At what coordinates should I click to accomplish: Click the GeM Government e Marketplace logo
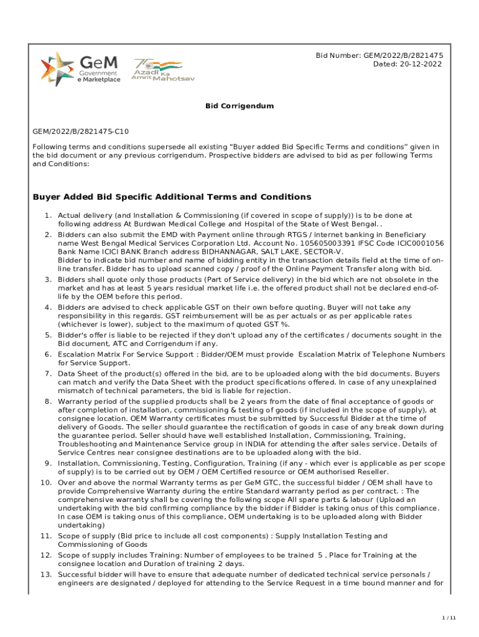click(80, 69)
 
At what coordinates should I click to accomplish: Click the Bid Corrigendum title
click(240, 106)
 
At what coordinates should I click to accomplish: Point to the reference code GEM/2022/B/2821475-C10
click(81, 132)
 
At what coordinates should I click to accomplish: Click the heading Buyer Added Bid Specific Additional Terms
click(171, 197)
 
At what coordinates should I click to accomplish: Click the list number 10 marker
click(45, 482)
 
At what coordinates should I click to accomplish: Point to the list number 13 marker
click(45, 574)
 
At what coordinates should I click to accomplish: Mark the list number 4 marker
click(47, 307)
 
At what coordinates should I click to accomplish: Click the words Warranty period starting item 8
click(88, 401)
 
